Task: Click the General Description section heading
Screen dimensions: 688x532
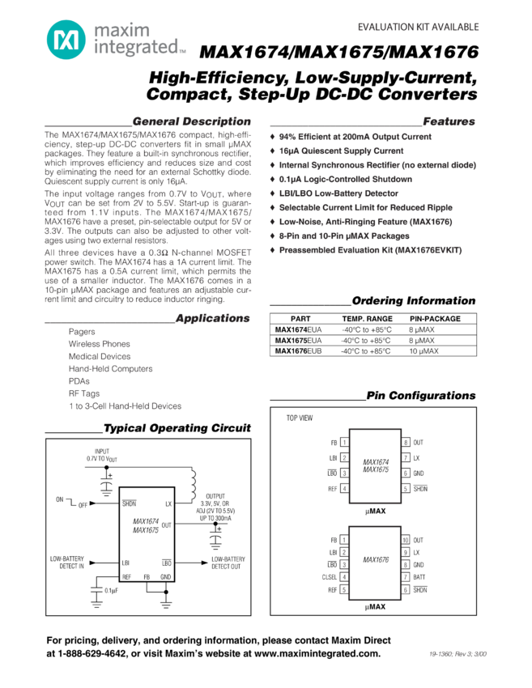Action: tap(192, 121)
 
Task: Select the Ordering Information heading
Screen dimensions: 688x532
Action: tap(414, 300)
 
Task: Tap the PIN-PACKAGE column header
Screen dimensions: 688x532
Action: tap(435, 319)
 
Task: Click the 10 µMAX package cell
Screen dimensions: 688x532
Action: tap(423, 351)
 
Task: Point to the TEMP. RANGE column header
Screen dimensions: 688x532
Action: tap(367, 319)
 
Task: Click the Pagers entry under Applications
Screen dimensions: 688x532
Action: tap(82, 332)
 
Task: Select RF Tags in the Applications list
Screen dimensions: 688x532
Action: tap(84, 393)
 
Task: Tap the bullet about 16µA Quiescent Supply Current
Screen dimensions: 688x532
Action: tap(341, 151)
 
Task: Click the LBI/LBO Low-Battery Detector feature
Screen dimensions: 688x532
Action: tap(338, 193)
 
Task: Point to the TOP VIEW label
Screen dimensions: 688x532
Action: tap(300, 418)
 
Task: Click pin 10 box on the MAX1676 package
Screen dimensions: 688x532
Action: tap(406, 540)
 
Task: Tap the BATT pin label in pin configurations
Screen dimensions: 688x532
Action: tap(419, 577)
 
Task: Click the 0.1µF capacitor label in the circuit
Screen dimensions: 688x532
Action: tap(111, 590)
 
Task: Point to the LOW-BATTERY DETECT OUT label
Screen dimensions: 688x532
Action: tap(228, 563)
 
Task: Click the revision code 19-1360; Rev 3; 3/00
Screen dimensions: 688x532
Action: tap(458, 654)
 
